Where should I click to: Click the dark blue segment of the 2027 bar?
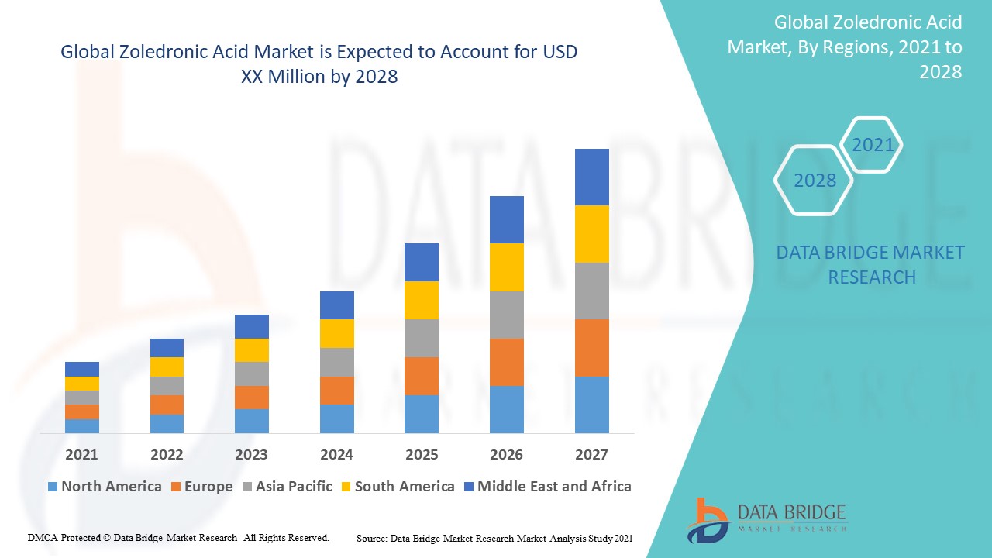pos(591,177)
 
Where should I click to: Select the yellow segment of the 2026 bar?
pos(506,267)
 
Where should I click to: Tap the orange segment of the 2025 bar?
pos(421,376)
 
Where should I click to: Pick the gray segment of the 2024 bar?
pos(336,362)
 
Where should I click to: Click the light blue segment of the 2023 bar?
pos(251,421)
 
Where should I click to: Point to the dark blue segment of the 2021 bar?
pos(81,369)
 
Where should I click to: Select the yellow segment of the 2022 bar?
pos(167,367)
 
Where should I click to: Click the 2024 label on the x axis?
pos(336,454)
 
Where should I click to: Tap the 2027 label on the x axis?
pos(591,454)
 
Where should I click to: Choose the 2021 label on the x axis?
pos(81,454)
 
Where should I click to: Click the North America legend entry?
pos(111,487)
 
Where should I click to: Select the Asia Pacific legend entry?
pos(294,487)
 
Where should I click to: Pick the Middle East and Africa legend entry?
pos(553,487)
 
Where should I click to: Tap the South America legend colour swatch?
pos(345,487)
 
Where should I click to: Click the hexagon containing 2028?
pos(815,181)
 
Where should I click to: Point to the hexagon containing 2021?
pos(873,145)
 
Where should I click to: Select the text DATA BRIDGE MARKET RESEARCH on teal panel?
pos(871,264)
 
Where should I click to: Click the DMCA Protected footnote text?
pos(178,537)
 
